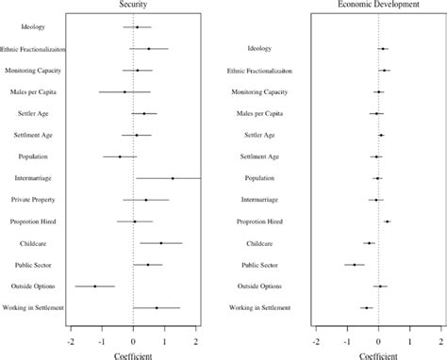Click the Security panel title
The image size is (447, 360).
pos(132,5)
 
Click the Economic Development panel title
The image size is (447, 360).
pos(379,5)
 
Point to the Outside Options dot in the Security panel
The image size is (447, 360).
pos(94,286)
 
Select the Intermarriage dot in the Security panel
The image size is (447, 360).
pos(173,178)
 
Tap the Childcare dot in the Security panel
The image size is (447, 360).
pos(161,243)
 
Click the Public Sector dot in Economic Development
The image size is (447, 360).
pos(355,265)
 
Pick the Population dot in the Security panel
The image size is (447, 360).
pos(120,156)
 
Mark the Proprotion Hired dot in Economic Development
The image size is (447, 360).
pos(387,221)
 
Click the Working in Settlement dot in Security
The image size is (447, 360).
pos(157,307)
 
